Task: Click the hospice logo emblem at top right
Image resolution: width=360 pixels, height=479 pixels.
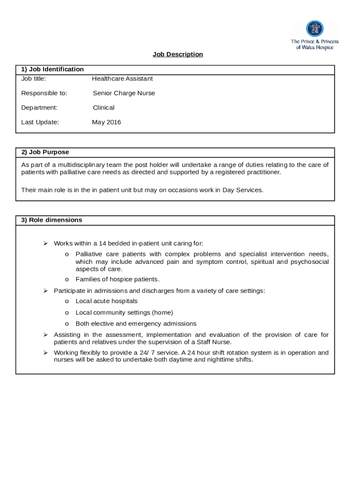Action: pyautogui.click(x=315, y=29)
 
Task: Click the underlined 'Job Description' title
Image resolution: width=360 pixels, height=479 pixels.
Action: pyautogui.click(x=178, y=54)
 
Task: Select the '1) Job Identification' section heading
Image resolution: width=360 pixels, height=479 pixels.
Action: pyautogui.click(x=52, y=69)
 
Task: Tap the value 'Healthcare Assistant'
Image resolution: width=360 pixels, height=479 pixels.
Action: pyautogui.click(x=122, y=79)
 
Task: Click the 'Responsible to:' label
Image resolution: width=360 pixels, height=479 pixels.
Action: pyautogui.click(x=44, y=93)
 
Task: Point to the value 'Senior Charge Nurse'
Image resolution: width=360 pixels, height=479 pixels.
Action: pyautogui.click(x=123, y=93)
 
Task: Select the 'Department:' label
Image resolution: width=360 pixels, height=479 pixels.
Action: pyautogui.click(x=39, y=108)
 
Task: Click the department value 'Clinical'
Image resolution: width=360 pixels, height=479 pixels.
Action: pyautogui.click(x=103, y=108)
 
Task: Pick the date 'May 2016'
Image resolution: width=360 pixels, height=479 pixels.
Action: pyautogui.click(x=106, y=122)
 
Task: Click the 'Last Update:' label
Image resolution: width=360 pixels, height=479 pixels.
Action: pyautogui.click(x=40, y=122)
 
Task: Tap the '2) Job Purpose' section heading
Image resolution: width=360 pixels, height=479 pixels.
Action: pyautogui.click(x=45, y=152)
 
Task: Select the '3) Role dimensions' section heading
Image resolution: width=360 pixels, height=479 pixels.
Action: pyautogui.click(x=51, y=220)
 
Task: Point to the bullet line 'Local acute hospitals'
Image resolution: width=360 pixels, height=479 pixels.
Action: pyautogui.click(x=107, y=301)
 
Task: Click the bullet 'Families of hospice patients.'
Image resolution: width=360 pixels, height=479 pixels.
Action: pyautogui.click(x=117, y=279)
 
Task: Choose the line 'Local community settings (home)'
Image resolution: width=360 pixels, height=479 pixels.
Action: pyautogui.click(x=124, y=312)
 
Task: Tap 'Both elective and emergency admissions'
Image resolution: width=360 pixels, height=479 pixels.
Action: pyautogui.click(x=136, y=324)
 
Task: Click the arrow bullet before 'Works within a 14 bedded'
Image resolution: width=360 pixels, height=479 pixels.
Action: pyautogui.click(x=46, y=243)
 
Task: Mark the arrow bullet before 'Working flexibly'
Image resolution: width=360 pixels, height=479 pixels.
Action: pyautogui.click(x=46, y=353)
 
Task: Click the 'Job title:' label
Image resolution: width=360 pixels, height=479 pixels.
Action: pyautogui.click(x=33, y=79)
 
